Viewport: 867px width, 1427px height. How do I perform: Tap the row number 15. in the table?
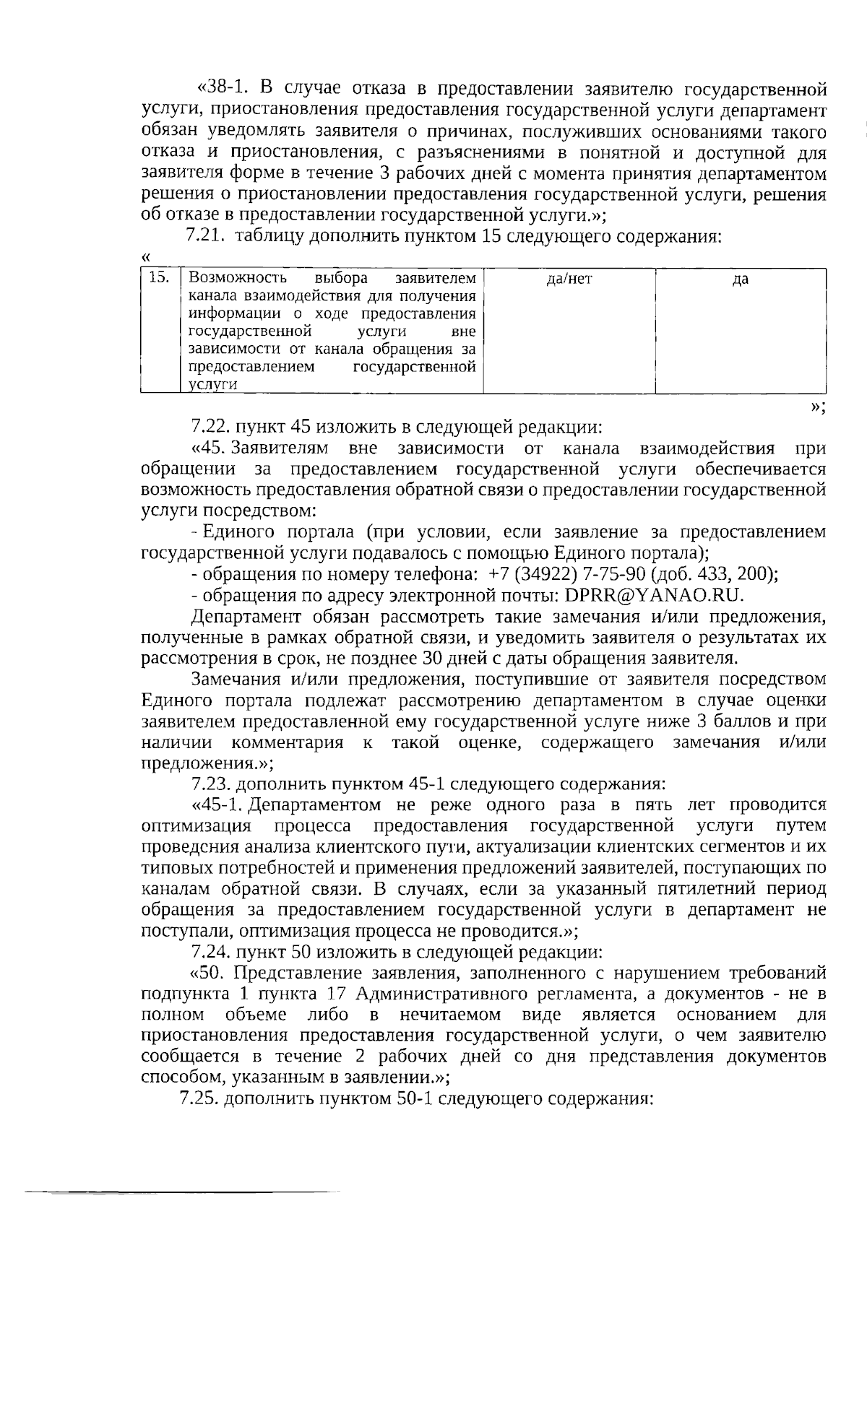click(158, 277)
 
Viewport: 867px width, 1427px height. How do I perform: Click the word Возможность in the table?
click(237, 278)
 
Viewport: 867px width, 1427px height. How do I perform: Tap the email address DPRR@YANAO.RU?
click(654, 595)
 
